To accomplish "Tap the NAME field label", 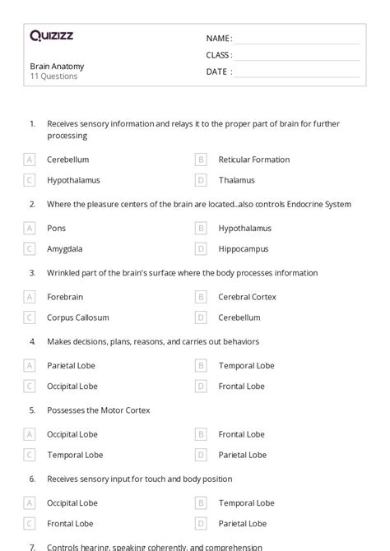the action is click(219, 39).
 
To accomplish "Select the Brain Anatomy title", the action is click(57, 67).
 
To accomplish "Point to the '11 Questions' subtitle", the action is click(53, 76).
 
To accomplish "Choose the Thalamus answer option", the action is click(237, 180).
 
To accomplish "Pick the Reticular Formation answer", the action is click(254, 160).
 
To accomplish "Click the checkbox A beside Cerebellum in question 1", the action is click(30, 160).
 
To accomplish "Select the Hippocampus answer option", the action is click(244, 248).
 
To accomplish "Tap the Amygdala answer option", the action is click(65, 248).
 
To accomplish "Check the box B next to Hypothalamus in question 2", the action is click(201, 228).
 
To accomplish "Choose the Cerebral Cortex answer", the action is click(248, 297).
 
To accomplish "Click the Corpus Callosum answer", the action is click(78, 317).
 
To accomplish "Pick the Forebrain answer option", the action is click(65, 297).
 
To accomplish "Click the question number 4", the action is click(32, 341).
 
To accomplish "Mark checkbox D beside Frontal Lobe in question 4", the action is click(201, 386).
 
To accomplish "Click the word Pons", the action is click(57, 228).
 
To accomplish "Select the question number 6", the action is click(32, 479).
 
